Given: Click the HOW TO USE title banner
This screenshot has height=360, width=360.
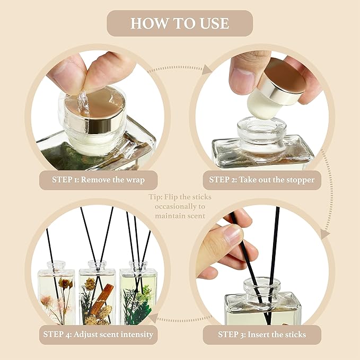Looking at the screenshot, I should (180, 23).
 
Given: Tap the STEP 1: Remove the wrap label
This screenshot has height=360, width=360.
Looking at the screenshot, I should (98, 180).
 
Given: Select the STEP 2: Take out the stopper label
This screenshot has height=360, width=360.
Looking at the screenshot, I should (261, 180).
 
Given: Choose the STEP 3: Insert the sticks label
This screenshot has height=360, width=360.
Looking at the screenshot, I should (261, 335).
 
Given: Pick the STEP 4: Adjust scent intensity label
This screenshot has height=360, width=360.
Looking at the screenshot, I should (99, 335).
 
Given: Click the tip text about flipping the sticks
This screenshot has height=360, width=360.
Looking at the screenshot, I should (180, 207).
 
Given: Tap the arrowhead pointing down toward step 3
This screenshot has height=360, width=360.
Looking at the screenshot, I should (324, 234).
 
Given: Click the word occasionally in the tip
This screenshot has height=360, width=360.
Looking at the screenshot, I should (180, 207).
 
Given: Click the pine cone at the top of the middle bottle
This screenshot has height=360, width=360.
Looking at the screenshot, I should (92, 284).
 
